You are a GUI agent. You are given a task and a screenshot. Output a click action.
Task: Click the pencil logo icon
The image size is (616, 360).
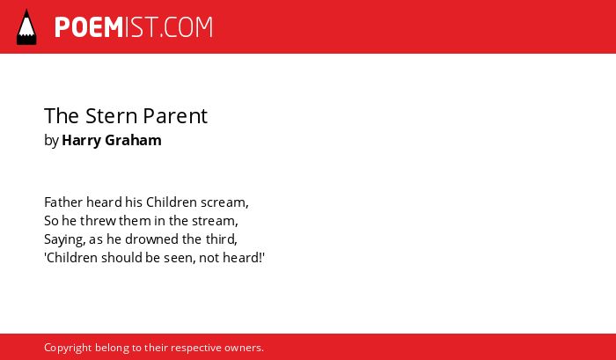pyautogui.click(x=26, y=27)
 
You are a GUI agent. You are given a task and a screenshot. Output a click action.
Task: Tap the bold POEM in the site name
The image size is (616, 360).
pyautogui.click(x=89, y=27)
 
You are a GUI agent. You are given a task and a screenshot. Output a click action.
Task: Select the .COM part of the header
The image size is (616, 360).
pyautogui.click(x=187, y=27)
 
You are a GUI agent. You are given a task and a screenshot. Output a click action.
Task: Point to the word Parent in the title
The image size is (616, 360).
pyautogui.click(x=175, y=117)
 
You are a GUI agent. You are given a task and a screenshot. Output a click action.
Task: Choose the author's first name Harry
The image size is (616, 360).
pyautogui.click(x=81, y=141)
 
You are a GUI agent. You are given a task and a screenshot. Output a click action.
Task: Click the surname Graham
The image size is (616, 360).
pyautogui.click(x=133, y=140)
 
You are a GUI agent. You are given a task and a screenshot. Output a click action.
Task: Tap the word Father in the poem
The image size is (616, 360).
pyautogui.click(x=63, y=202)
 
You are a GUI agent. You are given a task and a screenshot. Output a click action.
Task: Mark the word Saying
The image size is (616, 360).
pyautogui.click(x=65, y=240)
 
